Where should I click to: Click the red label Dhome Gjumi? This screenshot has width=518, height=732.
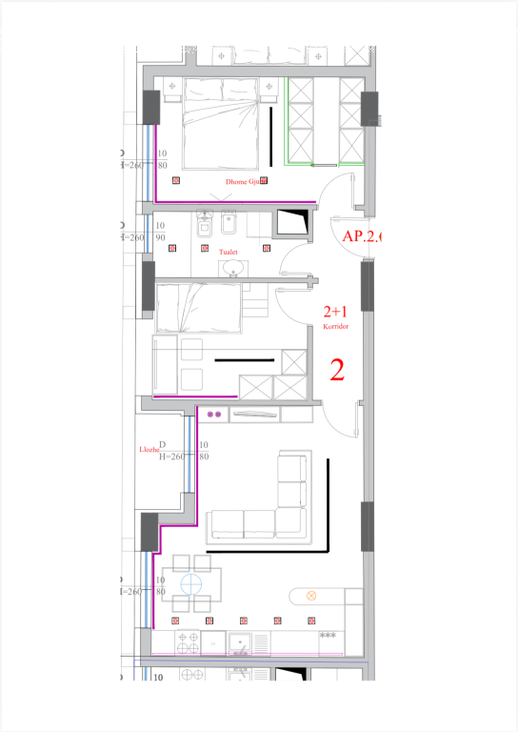pos(244,180)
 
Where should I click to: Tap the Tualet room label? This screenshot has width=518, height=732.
pos(229,253)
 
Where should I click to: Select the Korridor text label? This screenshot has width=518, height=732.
pos(335,326)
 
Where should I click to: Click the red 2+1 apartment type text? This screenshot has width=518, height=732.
pos(335,312)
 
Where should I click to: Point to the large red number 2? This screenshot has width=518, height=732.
pos(336,370)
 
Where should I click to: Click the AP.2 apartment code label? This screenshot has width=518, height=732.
pos(360,236)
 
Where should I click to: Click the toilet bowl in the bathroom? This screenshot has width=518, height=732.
pos(204,225)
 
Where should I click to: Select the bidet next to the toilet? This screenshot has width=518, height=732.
pos(228,225)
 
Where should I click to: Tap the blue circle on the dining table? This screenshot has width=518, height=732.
pos(194,583)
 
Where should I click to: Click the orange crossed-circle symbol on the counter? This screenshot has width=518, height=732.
pos(310,596)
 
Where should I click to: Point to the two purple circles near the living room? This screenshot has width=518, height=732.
pos(214,415)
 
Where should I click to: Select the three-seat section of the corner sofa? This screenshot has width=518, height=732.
pos(244,522)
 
